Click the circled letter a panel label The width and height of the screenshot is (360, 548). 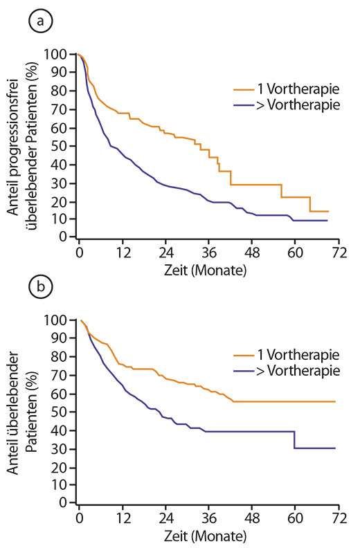click(40, 21)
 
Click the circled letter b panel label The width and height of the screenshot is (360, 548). click(40, 287)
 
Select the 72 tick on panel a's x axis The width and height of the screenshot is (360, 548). click(339, 252)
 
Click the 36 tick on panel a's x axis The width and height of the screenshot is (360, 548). click(209, 252)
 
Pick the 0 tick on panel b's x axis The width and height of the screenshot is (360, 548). click(80, 518)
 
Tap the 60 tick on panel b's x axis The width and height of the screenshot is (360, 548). click(295, 518)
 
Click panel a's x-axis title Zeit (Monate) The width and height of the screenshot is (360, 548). click(206, 271)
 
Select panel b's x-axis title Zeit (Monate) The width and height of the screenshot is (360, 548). click(206, 536)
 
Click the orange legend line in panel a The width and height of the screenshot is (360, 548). click(244, 89)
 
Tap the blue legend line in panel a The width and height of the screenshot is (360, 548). click(244, 105)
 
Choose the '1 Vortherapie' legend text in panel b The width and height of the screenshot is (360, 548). click(298, 355)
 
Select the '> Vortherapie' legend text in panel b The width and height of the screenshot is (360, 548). click(298, 370)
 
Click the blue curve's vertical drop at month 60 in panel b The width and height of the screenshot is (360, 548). click(295, 439)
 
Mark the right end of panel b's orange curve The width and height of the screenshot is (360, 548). click(335, 401)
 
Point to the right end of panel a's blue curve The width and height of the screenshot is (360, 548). click(327, 221)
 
